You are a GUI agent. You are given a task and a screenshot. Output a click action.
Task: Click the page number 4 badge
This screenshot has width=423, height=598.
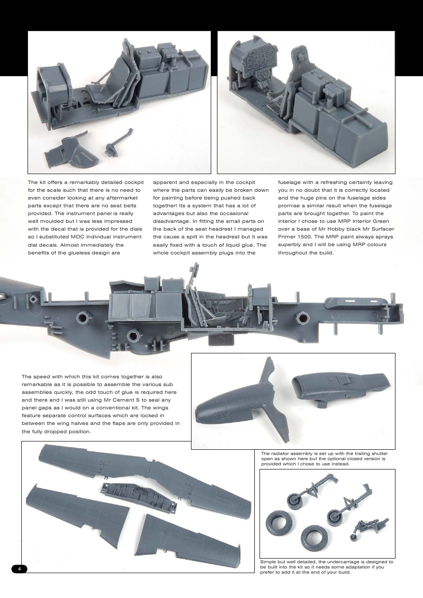coord(19,568)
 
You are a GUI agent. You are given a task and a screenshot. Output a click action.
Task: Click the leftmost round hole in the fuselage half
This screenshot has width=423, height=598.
coord(83,317)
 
